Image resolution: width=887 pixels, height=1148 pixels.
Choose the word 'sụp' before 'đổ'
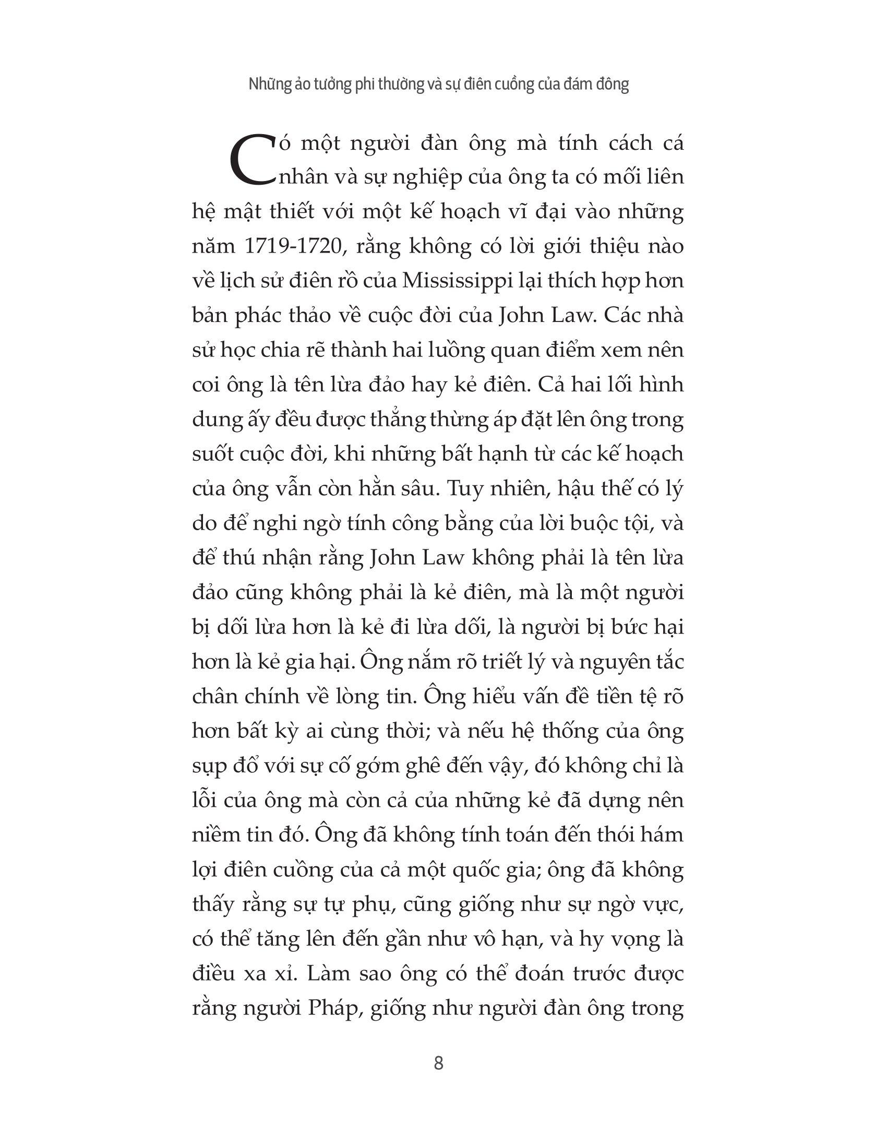click(210, 767)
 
